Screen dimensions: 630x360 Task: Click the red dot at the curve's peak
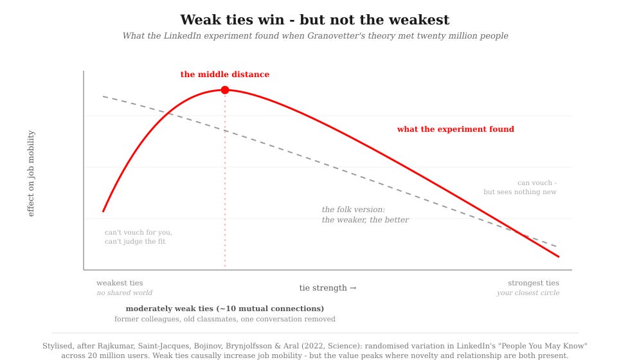tap(225, 90)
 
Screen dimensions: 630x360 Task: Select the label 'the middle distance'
tap(224, 75)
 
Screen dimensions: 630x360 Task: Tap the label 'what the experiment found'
tap(456, 129)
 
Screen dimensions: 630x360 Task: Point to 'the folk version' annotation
tap(353, 210)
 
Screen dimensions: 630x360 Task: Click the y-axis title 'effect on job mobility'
tap(31, 173)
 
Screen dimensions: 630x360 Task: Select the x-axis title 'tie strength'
tap(327, 288)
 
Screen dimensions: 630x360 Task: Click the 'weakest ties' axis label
tap(120, 283)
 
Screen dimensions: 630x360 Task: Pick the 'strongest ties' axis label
tap(534, 283)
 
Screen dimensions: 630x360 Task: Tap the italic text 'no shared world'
tap(125, 293)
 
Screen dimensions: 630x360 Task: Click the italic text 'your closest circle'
tap(528, 293)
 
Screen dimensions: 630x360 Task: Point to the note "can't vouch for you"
tap(138, 232)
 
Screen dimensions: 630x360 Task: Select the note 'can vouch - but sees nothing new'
tap(520, 187)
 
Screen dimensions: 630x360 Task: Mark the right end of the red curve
tap(559, 256)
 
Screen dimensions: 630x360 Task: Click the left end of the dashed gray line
tap(103, 96)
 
